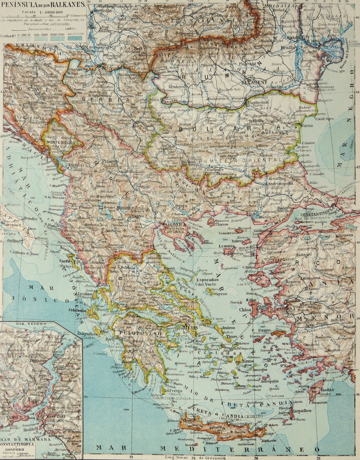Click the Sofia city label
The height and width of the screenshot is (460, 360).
(167, 146)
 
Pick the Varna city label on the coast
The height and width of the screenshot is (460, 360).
(307, 126)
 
